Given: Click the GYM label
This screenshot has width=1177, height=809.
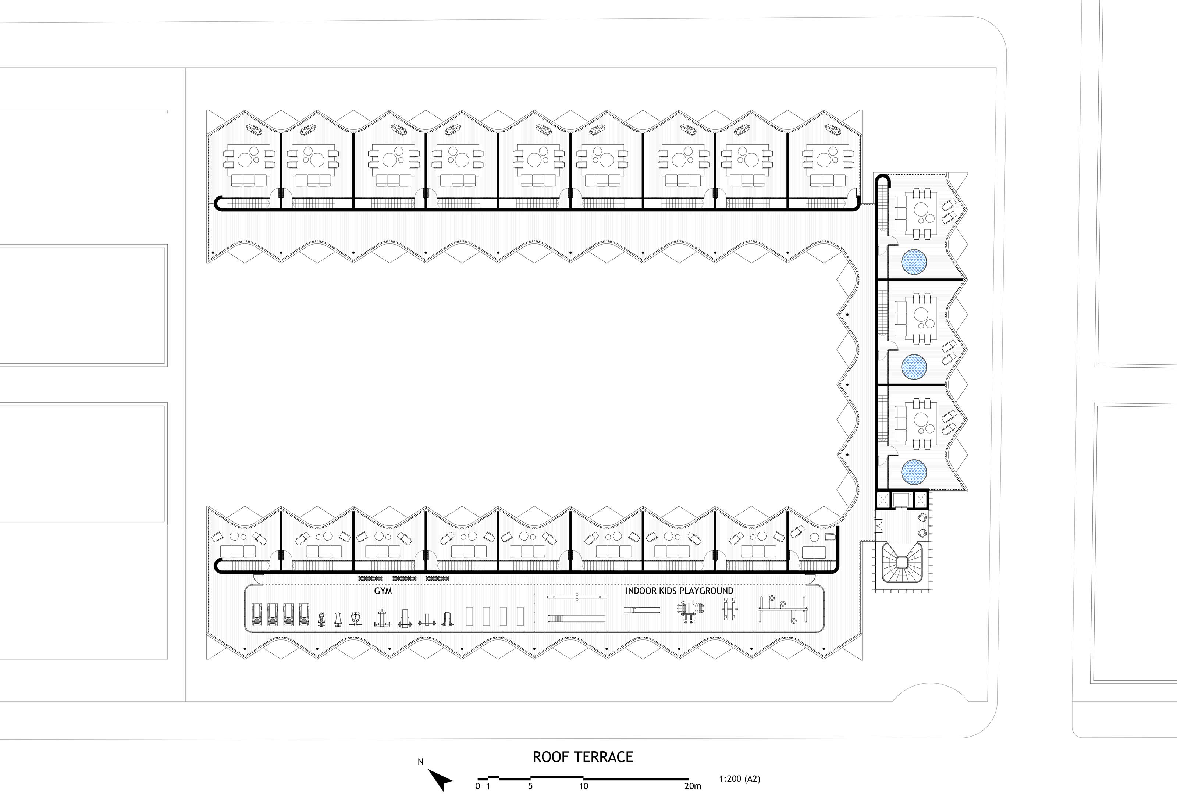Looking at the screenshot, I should pos(383,591).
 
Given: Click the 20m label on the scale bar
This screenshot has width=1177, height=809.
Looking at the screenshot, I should pos(693,786).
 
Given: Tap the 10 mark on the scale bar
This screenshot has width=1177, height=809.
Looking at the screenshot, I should pos(583,786).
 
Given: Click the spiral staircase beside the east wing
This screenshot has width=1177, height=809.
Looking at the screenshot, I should pos(902,562).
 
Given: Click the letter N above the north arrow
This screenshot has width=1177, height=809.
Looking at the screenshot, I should pos(420,762).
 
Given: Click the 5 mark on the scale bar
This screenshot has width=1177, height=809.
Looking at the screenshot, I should pos(530,786).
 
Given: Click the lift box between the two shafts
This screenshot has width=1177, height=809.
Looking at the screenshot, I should pos(902,500).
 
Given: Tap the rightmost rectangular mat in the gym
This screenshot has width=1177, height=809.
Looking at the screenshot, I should pos(520,616).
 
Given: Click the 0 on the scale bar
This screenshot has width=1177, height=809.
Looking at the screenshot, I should pos(477,786).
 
